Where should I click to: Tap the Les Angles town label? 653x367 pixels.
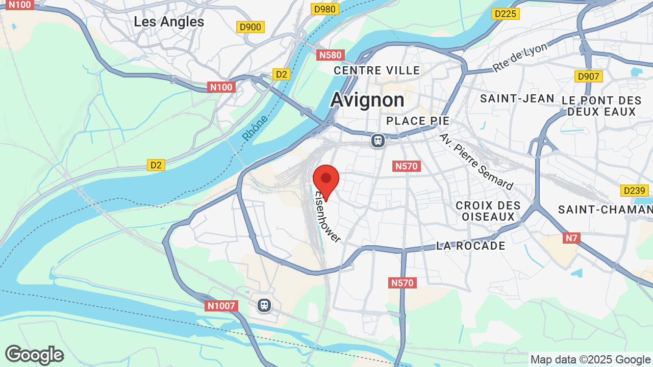click(x=169, y=22)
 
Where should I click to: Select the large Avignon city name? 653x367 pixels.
click(x=367, y=100)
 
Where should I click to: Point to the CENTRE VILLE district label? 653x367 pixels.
click(x=377, y=70)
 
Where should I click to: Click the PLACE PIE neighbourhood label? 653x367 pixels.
click(x=418, y=121)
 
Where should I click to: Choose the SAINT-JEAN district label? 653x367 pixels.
click(x=517, y=98)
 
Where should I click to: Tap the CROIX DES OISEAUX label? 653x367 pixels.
click(x=488, y=211)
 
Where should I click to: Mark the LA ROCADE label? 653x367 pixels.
click(x=471, y=246)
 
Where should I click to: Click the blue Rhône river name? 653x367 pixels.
click(x=255, y=128)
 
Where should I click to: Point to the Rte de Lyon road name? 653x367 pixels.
click(x=519, y=57)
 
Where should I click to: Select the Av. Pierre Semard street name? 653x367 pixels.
click(x=476, y=162)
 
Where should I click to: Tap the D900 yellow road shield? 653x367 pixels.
click(x=250, y=28)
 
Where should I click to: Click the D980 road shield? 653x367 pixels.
click(x=325, y=9)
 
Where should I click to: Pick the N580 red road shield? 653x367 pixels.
click(x=331, y=55)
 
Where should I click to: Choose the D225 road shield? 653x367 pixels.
click(x=506, y=14)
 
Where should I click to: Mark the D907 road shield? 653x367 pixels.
click(x=588, y=76)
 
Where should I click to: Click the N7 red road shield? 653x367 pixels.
click(x=572, y=238)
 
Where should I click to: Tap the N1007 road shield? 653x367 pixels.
click(x=222, y=306)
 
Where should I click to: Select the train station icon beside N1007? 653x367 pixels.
click(x=264, y=305)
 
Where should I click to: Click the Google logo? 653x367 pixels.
click(x=34, y=355)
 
